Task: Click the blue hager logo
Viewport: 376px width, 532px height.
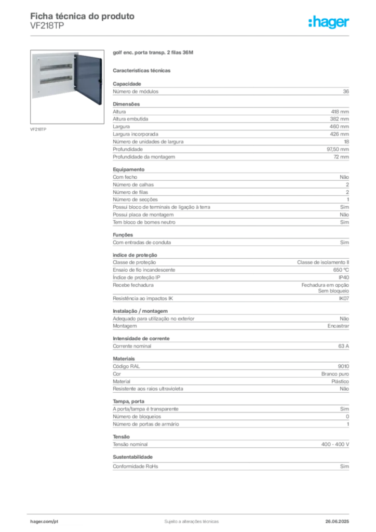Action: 329,23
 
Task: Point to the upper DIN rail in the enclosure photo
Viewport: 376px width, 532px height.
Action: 55,67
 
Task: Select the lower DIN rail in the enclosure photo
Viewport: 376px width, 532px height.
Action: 55,78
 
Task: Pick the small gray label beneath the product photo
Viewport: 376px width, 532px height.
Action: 39,129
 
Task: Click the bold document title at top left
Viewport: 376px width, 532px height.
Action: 83,16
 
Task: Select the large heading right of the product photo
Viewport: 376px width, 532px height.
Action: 153,54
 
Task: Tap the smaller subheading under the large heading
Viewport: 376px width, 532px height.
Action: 143,70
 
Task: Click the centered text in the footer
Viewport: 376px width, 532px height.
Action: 188,518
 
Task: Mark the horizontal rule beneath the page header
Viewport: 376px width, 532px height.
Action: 191,35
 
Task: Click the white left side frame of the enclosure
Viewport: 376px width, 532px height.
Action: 34,76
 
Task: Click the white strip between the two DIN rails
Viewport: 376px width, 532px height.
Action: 55,73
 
